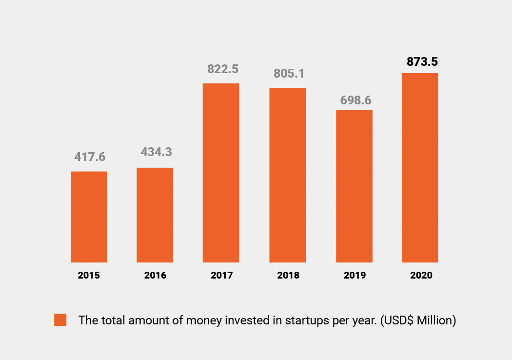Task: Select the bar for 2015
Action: coord(89,217)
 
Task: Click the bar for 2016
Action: coord(155,215)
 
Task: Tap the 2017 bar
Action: coord(221,173)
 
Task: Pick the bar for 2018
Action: coord(287,175)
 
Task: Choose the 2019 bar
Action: coord(354,186)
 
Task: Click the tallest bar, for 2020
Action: coord(420,168)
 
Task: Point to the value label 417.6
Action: coord(90,157)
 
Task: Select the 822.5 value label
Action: coord(222,69)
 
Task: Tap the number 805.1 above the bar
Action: coord(289,74)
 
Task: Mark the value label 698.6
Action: coord(355,100)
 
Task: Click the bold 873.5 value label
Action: coord(422,62)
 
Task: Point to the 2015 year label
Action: coord(89,276)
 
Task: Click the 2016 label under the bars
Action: coord(155,276)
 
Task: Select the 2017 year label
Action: coord(222,276)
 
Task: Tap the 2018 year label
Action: coord(288,276)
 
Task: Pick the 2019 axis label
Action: coord(354,276)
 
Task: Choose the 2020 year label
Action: coord(421,276)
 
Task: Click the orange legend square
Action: coord(60,320)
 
